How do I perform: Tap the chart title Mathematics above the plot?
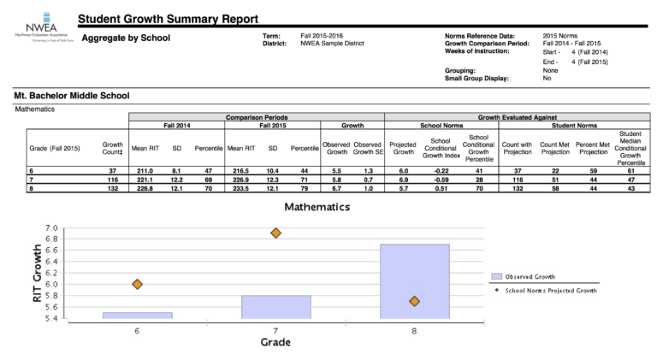pos(317,207)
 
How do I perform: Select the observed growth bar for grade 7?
pos(275,307)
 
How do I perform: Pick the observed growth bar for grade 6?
pos(138,316)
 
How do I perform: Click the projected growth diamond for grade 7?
pos(275,233)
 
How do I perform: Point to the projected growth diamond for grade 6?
pos(137,284)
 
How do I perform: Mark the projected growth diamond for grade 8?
pos(414,301)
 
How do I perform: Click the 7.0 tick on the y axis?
pos(51,227)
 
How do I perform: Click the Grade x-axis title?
pos(275,342)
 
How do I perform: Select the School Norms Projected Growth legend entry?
pos(547,291)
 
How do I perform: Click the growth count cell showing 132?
pos(112,187)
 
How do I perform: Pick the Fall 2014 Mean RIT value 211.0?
pos(145,170)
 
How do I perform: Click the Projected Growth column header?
pos(402,149)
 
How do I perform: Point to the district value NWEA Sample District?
pos(332,44)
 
